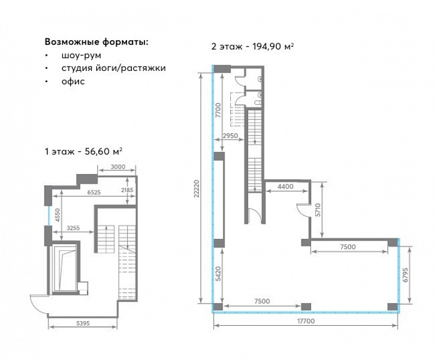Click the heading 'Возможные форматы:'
coord(97,42)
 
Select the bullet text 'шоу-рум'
coord(82,55)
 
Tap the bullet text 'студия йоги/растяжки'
coord(114,68)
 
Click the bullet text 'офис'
coord(73,82)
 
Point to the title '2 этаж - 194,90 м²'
coord(252,46)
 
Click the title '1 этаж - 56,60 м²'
coord(83,151)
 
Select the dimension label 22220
coord(197,188)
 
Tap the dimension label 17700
coord(306,321)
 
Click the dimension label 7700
coord(218,110)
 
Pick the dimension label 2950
coord(230,136)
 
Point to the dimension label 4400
coord(286,187)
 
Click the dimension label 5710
coord(318,210)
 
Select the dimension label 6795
coord(405,275)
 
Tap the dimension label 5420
coord(218,274)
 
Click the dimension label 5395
coord(83,323)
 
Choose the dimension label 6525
coord(94,193)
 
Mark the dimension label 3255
coord(73,228)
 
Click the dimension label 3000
coord(118,167)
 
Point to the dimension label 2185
coord(127,190)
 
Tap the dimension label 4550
coord(58,215)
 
